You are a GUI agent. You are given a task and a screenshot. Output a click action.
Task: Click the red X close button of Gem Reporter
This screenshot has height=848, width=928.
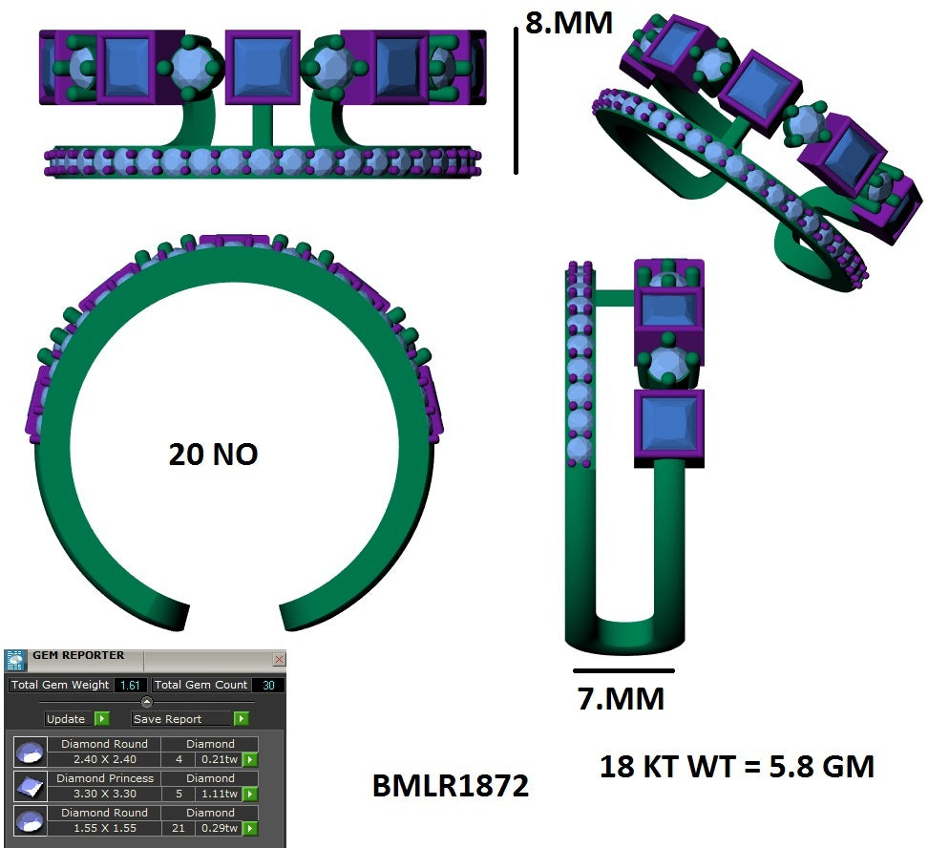tap(279, 659)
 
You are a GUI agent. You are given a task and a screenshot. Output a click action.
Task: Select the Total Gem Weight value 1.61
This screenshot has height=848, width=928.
tap(131, 685)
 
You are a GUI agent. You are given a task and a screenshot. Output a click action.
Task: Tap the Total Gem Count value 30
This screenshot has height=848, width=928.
tap(267, 685)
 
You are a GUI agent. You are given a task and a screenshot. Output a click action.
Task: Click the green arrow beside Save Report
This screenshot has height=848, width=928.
tap(242, 719)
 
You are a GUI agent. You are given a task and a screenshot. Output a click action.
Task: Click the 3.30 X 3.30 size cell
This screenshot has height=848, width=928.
tap(104, 794)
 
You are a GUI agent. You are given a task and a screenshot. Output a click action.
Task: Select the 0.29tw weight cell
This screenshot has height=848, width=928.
tap(219, 828)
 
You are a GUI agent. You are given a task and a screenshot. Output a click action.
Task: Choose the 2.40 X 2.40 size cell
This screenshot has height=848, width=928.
tap(104, 759)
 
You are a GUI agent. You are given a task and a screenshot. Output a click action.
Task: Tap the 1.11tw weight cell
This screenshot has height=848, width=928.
tap(219, 794)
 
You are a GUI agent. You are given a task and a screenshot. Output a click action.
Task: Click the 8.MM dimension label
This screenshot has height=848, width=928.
tap(569, 22)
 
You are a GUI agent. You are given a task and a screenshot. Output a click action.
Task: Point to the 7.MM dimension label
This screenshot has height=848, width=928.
tap(621, 699)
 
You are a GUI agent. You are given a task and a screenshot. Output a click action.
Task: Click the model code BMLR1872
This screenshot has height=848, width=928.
tap(450, 786)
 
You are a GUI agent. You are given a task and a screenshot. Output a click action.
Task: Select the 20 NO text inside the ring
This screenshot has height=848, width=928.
tap(213, 455)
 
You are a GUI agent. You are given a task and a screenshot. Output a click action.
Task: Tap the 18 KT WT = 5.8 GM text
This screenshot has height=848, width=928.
tap(737, 766)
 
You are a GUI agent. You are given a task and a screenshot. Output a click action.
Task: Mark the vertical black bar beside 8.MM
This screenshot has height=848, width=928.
tap(517, 100)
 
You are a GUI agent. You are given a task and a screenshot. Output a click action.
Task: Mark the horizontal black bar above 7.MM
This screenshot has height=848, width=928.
tap(623, 671)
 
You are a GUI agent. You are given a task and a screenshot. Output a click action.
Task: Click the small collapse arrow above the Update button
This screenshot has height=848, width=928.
tap(146, 702)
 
